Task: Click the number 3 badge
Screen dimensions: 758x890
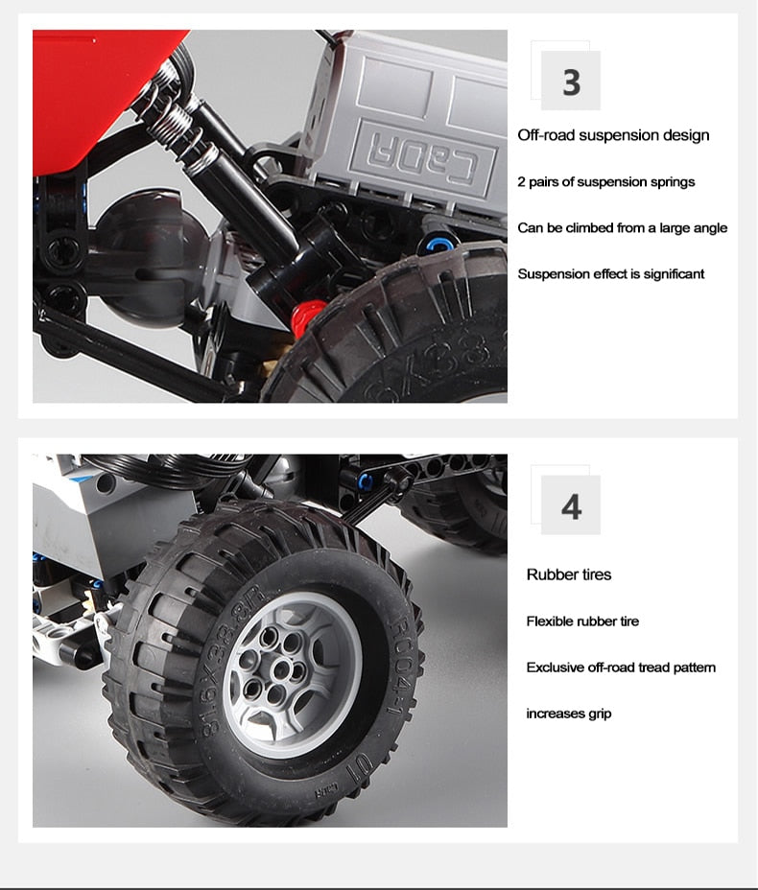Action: [x=571, y=81]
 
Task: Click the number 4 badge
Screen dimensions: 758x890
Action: [x=571, y=505]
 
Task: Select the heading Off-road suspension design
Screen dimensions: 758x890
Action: [x=613, y=135]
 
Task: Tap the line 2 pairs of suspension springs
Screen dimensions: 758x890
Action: [x=605, y=182]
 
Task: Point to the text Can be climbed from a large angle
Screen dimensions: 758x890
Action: [x=623, y=228]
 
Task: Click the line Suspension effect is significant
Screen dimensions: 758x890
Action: [x=611, y=274]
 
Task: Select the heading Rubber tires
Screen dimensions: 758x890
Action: [x=569, y=574]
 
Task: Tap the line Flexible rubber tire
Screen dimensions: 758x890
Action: [x=582, y=621]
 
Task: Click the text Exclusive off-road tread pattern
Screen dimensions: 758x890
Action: [x=621, y=667]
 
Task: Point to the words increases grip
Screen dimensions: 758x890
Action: [x=569, y=714]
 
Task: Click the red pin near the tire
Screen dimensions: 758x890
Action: [x=307, y=316]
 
